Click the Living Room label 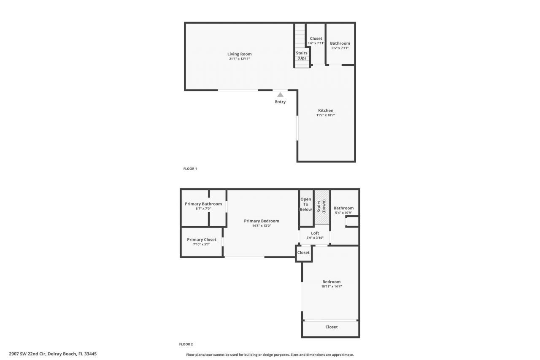tap(239, 54)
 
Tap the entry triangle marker tap(280, 95)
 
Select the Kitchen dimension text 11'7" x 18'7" tap(326, 115)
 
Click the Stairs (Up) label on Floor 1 tap(302, 55)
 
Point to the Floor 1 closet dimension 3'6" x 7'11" tap(316, 43)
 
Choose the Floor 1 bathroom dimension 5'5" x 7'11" tap(340, 48)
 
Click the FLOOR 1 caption tap(190, 169)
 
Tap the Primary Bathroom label tap(203, 204)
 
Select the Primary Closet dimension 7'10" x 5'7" tap(202, 244)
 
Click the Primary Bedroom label tap(262, 221)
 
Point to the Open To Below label tap(306, 204)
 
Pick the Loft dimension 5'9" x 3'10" tap(315, 238)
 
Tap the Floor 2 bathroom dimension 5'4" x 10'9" tap(344, 213)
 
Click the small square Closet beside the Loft tap(303, 253)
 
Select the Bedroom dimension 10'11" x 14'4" tap(332, 287)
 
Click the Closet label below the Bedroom tap(332, 327)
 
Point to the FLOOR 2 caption tap(186, 344)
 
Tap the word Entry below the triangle tap(280, 102)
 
